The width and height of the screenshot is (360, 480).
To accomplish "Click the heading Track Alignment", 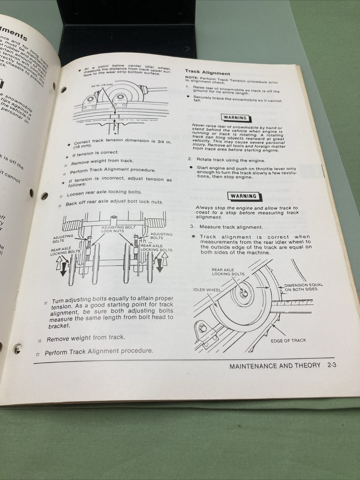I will click(207, 73).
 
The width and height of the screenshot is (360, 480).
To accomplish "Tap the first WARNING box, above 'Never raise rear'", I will click(235, 118).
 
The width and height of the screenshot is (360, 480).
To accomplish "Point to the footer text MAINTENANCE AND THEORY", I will click(275, 365).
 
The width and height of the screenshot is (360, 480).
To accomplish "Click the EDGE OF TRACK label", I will click(288, 340).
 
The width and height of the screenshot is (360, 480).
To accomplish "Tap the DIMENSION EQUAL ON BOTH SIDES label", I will click(303, 287).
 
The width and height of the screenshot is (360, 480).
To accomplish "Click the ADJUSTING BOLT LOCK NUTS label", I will click(112, 229).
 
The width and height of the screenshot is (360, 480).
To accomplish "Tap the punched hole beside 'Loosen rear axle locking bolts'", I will click(44, 196).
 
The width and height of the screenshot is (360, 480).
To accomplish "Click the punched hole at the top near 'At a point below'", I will click(64, 90).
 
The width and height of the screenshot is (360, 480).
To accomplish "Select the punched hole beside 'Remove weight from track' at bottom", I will click(18, 349).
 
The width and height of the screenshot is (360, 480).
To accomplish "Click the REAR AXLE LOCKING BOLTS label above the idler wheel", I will click(228, 272).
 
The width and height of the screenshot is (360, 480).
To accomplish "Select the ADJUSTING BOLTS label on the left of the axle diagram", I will click(63, 239).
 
